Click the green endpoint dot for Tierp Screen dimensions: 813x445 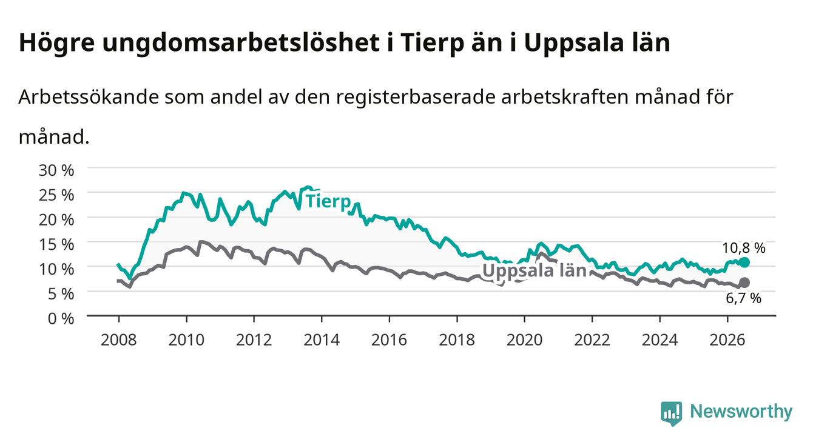pyautogui.click(x=744, y=263)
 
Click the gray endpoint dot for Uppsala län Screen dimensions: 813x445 pyautogui.click(x=744, y=283)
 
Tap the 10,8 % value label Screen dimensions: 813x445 pyautogui.click(x=743, y=248)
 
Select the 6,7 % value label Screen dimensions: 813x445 pyautogui.click(x=743, y=298)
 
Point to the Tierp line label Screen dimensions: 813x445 pyautogui.click(x=328, y=202)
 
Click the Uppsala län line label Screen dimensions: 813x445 pyautogui.click(x=535, y=271)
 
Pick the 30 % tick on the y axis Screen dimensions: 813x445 pyautogui.click(x=56, y=170)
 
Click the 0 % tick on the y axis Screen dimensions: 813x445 pyautogui.click(x=61, y=318)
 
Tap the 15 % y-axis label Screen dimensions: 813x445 pyautogui.click(x=56, y=244)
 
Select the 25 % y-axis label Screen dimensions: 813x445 pyautogui.click(x=56, y=195)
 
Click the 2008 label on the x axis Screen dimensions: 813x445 pyautogui.click(x=119, y=340)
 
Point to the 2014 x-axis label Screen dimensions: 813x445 pyautogui.click(x=322, y=340)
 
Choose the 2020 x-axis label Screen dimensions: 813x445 pyautogui.click(x=524, y=340)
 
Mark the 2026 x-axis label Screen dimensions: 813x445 pyautogui.click(x=727, y=340)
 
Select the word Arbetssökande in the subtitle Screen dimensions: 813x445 pyautogui.click(x=89, y=97)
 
